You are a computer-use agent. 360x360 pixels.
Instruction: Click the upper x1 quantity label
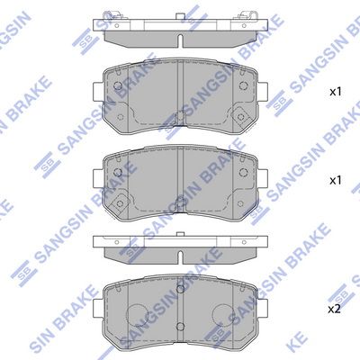point(336,92)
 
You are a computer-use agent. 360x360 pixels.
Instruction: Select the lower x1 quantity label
point(336,181)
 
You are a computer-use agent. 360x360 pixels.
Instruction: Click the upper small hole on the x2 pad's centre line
point(180,289)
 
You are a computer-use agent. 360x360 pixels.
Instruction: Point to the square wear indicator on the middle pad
point(120,204)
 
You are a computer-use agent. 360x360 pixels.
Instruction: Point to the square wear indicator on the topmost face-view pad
point(240,116)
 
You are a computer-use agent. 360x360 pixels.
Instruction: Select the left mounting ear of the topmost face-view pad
point(98,92)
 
